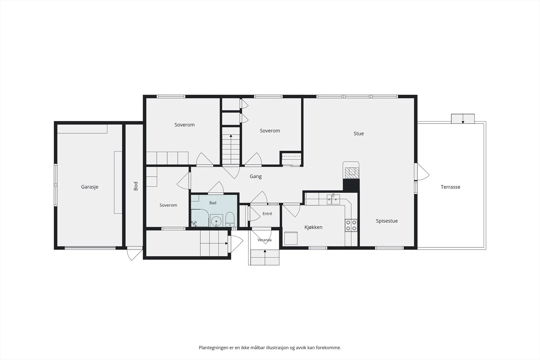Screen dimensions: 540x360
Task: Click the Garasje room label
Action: click(x=90, y=187)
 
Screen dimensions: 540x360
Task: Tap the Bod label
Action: click(x=136, y=186)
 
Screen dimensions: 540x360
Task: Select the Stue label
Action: click(x=359, y=134)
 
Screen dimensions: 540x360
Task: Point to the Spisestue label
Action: click(x=387, y=221)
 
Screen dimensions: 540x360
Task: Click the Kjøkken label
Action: click(x=314, y=227)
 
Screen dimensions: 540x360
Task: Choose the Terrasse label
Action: click(x=451, y=187)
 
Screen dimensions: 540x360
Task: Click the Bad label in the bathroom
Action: click(x=213, y=203)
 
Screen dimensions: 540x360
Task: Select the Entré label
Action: click(x=267, y=214)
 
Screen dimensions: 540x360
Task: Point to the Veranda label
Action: click(x=265, y=240)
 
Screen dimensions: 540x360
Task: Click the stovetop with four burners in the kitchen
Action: click(x=351, y=225)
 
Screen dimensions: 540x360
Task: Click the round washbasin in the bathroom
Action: click(x=216, y=220)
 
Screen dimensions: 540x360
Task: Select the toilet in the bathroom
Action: click(x=230, y=220)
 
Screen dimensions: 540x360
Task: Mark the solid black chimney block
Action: click(x=351, y=185)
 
